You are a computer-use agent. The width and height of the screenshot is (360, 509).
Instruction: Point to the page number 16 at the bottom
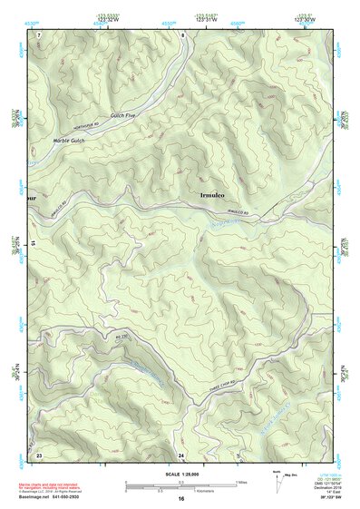pyautogui.click(x=181, y=499)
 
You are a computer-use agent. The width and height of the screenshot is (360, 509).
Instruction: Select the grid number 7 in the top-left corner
pyautogui.click(x=39, y=34)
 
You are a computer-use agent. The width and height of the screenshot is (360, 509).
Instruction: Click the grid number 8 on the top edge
pyautogui.click(x=181, y=34)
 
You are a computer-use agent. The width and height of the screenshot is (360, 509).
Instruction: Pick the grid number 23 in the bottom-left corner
pyautogui.click(x=39, y=453)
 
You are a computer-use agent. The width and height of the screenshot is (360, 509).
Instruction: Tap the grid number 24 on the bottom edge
pyautogui.click(x=181, y=454)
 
